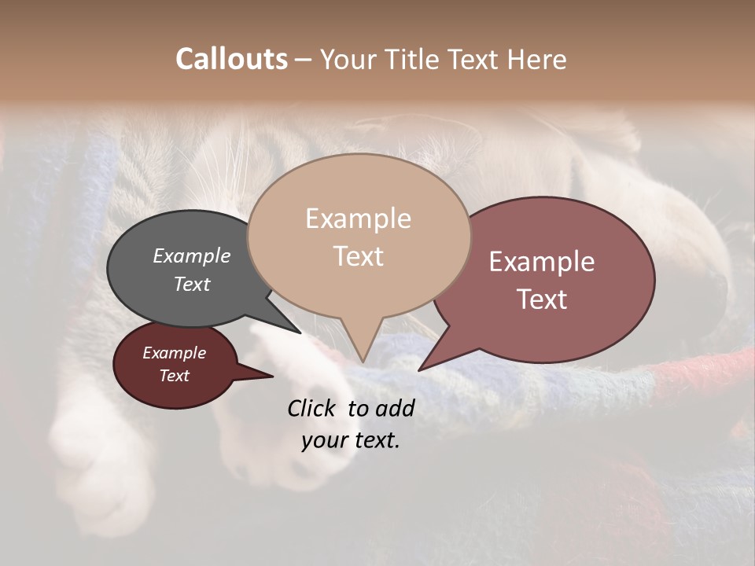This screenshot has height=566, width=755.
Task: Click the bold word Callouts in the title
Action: click(x=231, y=59)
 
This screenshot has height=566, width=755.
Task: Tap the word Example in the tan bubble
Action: click(x=358, y=219)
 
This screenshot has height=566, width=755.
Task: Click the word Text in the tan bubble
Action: click(x=358, y=256)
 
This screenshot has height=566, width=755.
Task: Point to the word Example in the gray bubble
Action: click(x=191, y=255)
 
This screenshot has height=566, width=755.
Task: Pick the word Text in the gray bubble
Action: click(x=191, y=284)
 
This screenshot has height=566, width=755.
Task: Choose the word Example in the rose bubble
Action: click(x=542, y=262)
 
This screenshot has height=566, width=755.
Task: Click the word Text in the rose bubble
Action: click(x=542, y=300)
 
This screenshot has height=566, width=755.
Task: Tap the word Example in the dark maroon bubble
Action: click(x=174, y=353)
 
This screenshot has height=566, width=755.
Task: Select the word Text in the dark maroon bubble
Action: click(x=174, y=376)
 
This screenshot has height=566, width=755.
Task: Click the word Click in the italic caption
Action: click(x=314, y=408)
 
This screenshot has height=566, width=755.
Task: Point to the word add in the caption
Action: click(x=395, y=408)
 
